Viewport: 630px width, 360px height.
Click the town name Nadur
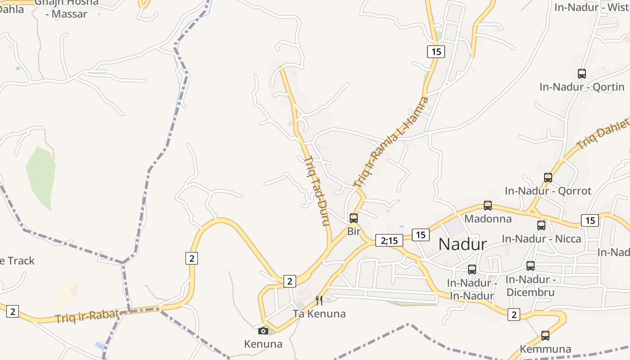coord(463,244)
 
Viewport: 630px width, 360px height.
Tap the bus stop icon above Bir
coord(354,218)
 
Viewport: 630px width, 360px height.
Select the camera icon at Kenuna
coord(263,331)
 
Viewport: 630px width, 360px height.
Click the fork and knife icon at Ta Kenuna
coord(319,300)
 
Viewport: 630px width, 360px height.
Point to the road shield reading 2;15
coord(389,240)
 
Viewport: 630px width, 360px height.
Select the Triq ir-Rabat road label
coord(87,316)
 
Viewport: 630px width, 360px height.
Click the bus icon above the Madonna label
coord(488,206)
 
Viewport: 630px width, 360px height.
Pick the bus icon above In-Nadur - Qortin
coord(582,73)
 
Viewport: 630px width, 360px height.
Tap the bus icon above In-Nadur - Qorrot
coord(548,178)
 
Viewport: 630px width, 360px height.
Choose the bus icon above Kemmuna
coord(545,335)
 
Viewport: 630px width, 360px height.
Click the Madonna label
coord(488,219)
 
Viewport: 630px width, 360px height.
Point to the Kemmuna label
coord(545,349)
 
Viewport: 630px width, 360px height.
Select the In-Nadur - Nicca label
coord(541,238)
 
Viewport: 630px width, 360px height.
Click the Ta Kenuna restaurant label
coord(319,314)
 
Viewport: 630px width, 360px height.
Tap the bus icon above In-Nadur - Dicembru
coord(531,266)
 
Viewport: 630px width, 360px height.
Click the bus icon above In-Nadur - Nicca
coord(541,225)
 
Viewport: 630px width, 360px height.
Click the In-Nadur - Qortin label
coord(582,87)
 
